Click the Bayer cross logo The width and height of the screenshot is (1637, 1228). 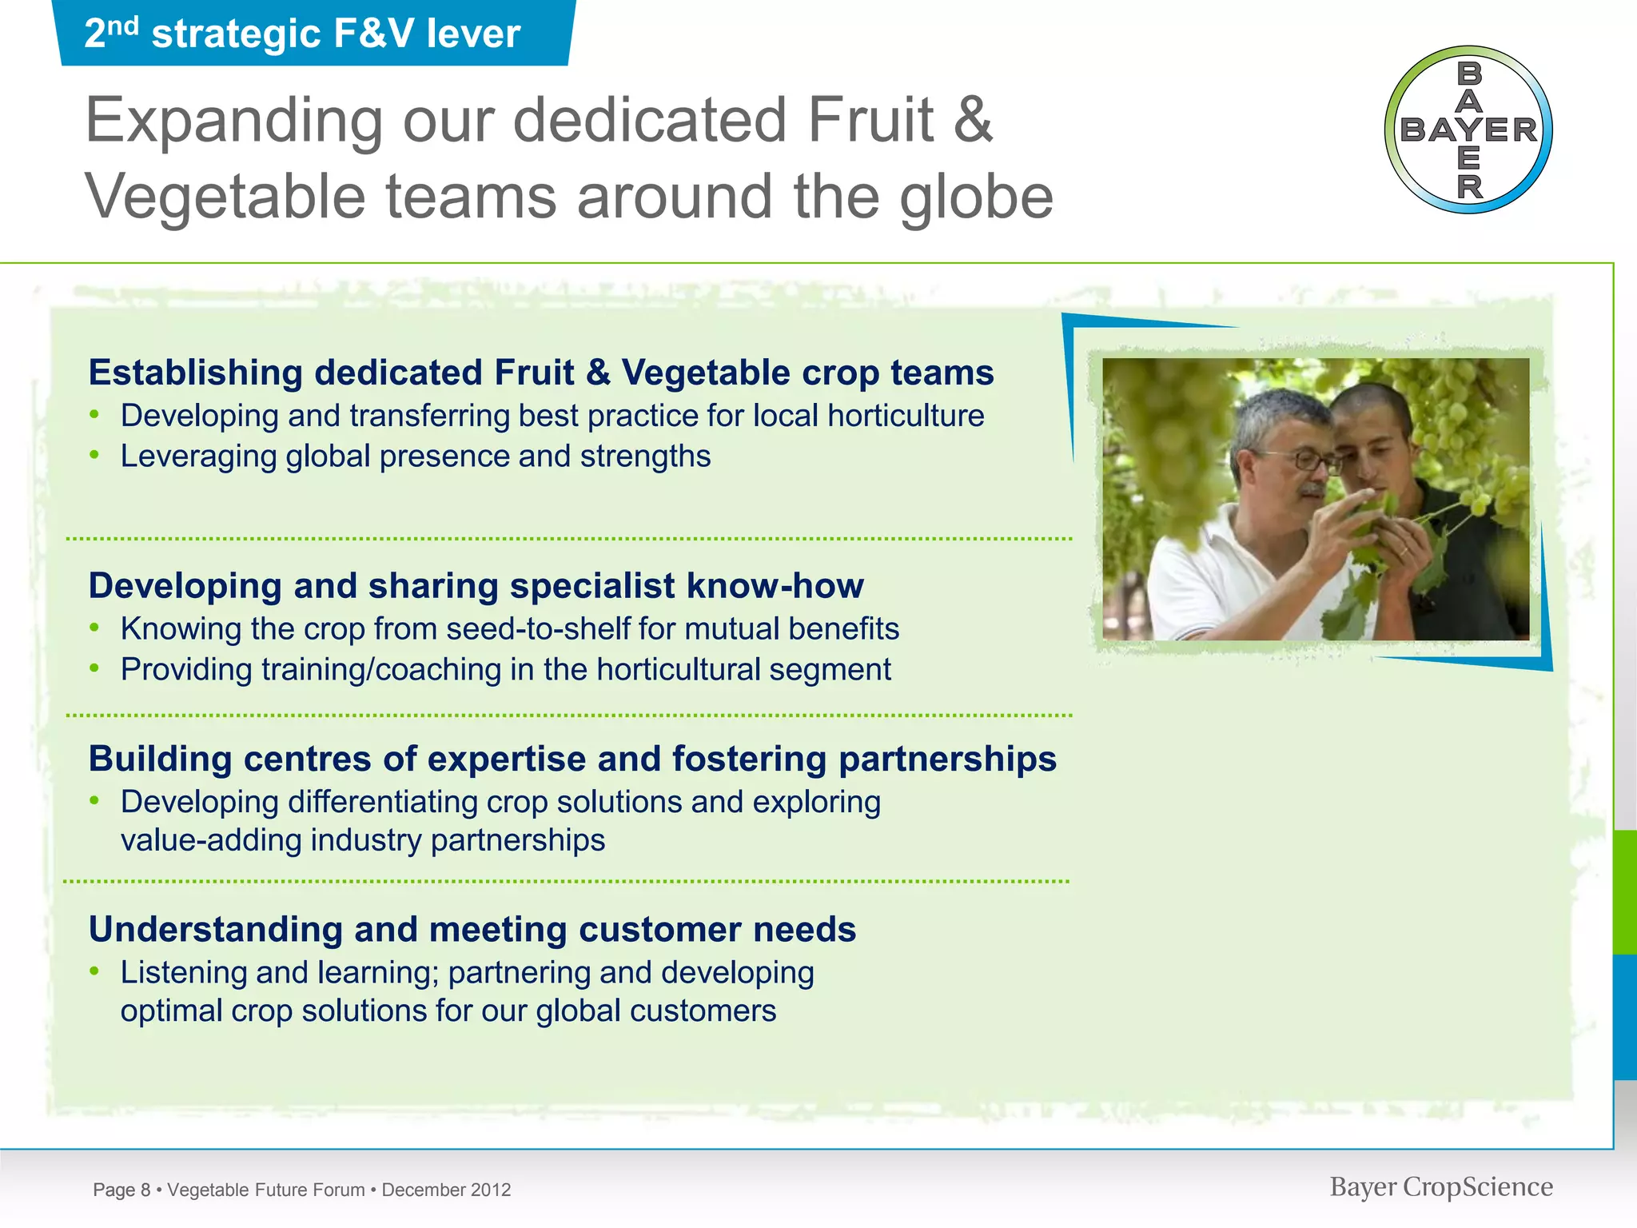point(1468,130)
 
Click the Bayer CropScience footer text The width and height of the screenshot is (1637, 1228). point(1440,1186)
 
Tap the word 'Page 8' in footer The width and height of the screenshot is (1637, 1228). point(121,1190)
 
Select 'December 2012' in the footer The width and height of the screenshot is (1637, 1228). point(446,1190)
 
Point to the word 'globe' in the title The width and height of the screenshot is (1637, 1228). point(976,197)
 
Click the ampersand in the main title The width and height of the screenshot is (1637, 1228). point(973,120)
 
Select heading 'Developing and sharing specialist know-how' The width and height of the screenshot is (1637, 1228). point(476,585)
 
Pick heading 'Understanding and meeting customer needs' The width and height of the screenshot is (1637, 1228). point(472,929)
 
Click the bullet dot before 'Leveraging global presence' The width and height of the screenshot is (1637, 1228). point(94,455)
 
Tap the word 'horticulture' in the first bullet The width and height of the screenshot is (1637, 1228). point(905,416)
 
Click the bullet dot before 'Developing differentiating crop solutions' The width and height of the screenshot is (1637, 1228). point(94,800)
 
